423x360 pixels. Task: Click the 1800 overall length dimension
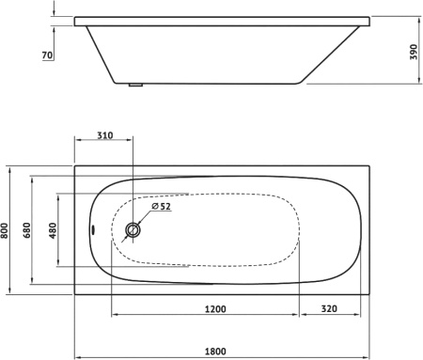click(215, 352)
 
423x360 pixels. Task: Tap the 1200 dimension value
click(215, 309)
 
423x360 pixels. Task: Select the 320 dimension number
click(329, 309)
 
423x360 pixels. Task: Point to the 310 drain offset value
click(104, 135)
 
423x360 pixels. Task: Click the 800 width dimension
click(5, 230)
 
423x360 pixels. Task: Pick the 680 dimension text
click(27, 230)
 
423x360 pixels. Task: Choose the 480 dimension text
click(53, 230)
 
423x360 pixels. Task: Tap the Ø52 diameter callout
click(161, 207)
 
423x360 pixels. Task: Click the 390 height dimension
click(414, 52)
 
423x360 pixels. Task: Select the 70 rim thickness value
click(47, 55)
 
